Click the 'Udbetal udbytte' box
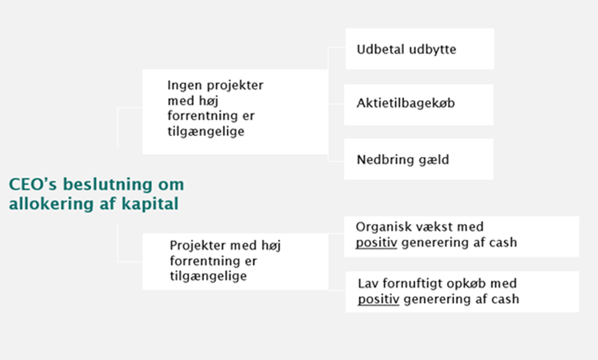click(x=420, y=49)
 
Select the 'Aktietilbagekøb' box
click(x=419, y=105)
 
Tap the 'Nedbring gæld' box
click(x=419, y=159)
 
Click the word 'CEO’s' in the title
click(x=33, y=185)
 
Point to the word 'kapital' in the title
click(x=150, y=203)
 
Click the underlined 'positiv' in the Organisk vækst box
click(x=377, y=243)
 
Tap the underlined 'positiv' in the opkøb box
click(x=378, y=299)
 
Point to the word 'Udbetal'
click(x=381, y=49)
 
